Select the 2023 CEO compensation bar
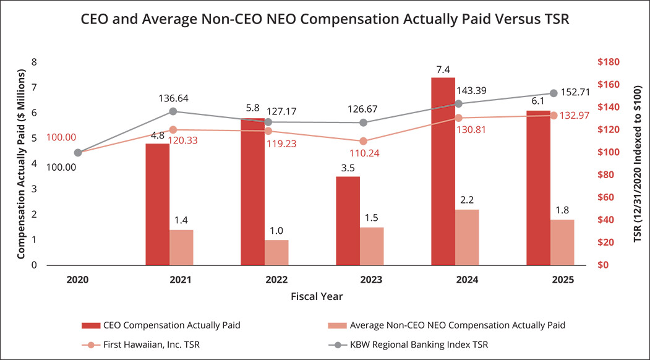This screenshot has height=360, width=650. coord(348,221)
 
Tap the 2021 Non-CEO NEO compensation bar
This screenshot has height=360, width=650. coord(181,247)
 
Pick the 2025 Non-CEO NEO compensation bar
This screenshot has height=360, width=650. coord(562,242)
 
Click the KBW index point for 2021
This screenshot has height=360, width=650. coord(173,111)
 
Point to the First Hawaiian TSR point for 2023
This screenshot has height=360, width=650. coord(364,141)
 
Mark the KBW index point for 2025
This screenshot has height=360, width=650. coord(554,93)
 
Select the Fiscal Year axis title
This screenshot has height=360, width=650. coord(316,296)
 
